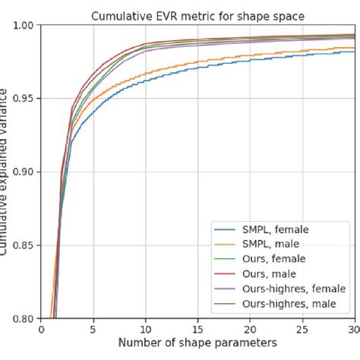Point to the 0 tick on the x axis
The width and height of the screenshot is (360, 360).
coord(41,330)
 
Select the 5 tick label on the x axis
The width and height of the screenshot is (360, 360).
coord(93,330)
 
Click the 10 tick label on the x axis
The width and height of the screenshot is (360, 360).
coord(145,330)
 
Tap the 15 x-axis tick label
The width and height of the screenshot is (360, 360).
coord(197,330)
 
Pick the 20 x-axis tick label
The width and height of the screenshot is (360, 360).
coord(250,330)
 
